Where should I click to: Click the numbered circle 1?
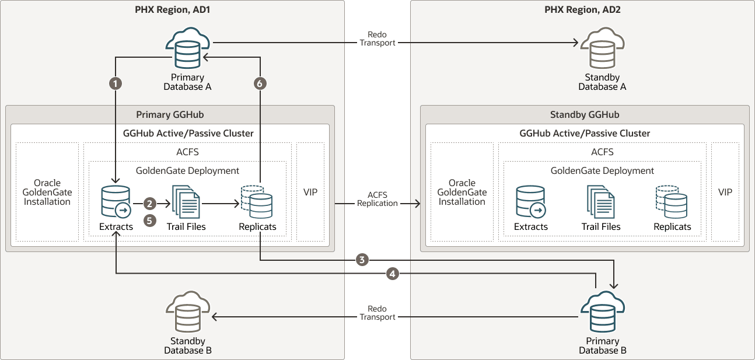pos(116,83)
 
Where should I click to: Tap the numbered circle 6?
pos(260,83)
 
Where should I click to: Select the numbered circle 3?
pos(362,260)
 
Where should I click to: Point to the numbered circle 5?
pos(150,221)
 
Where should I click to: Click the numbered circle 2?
pos(150,204)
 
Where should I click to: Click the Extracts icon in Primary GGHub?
pos(116,202)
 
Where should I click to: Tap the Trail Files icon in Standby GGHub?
pos(601,202)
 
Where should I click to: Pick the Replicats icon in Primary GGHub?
pos(257,202)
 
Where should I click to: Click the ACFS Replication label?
pos(377,199)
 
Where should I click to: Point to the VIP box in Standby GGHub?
pos(725,192)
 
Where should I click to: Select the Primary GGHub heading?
pos(170,115)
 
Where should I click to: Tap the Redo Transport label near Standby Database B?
pos(377,313)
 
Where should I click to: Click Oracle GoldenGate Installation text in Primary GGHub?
pos(47,192)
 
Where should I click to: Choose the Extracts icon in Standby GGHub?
pos(531,202)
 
